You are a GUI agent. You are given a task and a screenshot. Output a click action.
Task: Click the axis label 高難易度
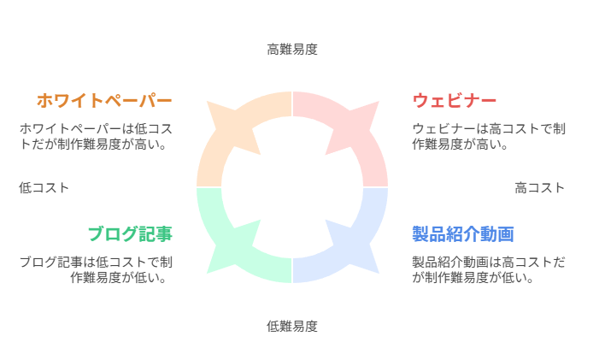(x=292, y=50)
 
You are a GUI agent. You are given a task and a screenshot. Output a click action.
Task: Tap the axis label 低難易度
(x=292, y=327)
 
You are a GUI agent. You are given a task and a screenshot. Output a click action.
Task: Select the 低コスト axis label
(x=44, y=188)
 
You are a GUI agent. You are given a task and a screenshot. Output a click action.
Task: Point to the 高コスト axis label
(x=539, y=188)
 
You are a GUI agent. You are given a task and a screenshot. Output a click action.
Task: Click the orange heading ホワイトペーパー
(x=104, y=100)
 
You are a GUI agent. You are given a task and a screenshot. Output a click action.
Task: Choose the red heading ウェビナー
(x=455, y=100)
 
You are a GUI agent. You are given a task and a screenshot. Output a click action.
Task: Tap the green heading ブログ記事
(x=131, y=234)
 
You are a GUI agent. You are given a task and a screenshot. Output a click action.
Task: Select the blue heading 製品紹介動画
(x=463, y=234)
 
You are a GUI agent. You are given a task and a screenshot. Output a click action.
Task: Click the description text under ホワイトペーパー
(x=96, y=136)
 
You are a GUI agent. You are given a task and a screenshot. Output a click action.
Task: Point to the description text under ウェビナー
(x=489, y=136)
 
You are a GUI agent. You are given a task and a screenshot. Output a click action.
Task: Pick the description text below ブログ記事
(x=96, y=269)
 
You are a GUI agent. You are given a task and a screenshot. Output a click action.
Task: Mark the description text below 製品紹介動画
(x=489, y=269)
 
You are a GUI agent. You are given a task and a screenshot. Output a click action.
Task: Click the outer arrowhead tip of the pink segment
(x=379, y=102)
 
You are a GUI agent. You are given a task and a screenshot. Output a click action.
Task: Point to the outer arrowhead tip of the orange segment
(x=207, y=102)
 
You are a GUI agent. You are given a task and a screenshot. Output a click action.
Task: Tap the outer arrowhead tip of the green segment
(x=207, y=273)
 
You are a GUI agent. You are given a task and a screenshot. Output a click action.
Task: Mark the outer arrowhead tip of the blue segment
(x=379, y=273)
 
